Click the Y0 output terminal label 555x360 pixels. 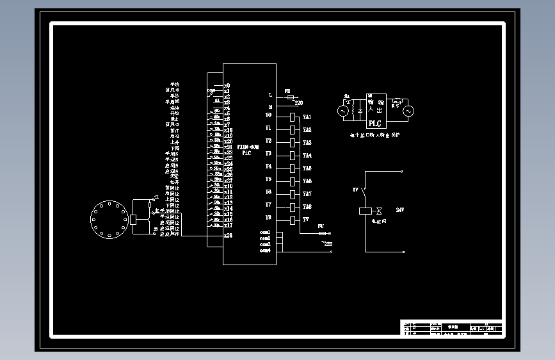pyautogui.click(x=269, y=115)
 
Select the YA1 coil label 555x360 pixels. pyautogui.click(x=307, y=117)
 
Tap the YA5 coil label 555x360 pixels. pyautogui.click(x=307, y=168)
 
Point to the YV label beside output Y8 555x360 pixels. pyautogui.click(x=306, y=220)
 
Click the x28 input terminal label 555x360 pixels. pyautogui.click(x=228, y=235)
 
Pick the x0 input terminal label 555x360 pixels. pyautogui.click(x=227, y=85)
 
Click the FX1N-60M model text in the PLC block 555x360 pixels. pyautogui.click(x=246, y=147)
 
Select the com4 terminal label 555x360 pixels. pyautogui.click(x=265, y=250)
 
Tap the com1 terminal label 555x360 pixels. pyautogui.click(x=265, y=232)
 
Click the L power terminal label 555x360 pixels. pyautogui.click(x=270, y=95)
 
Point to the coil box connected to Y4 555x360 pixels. pyautogui.click(x=293, y=168)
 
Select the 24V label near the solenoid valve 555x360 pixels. pyautogui.click(x=400, y=210)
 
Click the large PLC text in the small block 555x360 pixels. pyautogui.click(x=375, y=124)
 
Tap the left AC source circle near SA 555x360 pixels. pyautogui.click(x=342, y=111)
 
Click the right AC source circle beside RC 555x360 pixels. pyautogui.click(x=408, y=111)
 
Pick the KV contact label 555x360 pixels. pyautogui.click(x=355, y=190)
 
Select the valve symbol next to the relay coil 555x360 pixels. pyautogui.click(x=379, y=210)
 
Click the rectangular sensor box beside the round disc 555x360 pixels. pyautogui.click(x=133, y=219)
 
